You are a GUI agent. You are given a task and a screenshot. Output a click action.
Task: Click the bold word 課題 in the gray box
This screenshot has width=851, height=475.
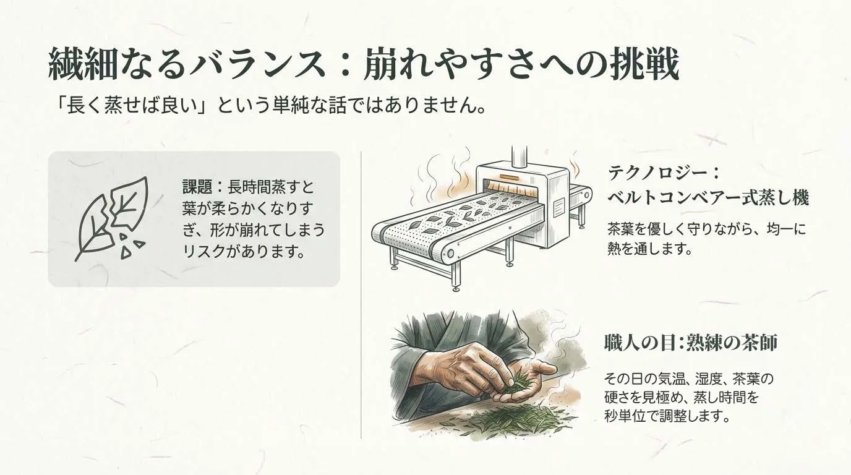pos(197,186)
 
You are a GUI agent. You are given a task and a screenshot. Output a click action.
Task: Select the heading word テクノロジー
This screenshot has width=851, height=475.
pos(655,171)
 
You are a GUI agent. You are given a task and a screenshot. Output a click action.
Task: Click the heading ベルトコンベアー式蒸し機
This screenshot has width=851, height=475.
pos(708,198)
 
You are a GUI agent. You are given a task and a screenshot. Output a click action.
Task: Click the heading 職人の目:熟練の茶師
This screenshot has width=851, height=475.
pos(690,342)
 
